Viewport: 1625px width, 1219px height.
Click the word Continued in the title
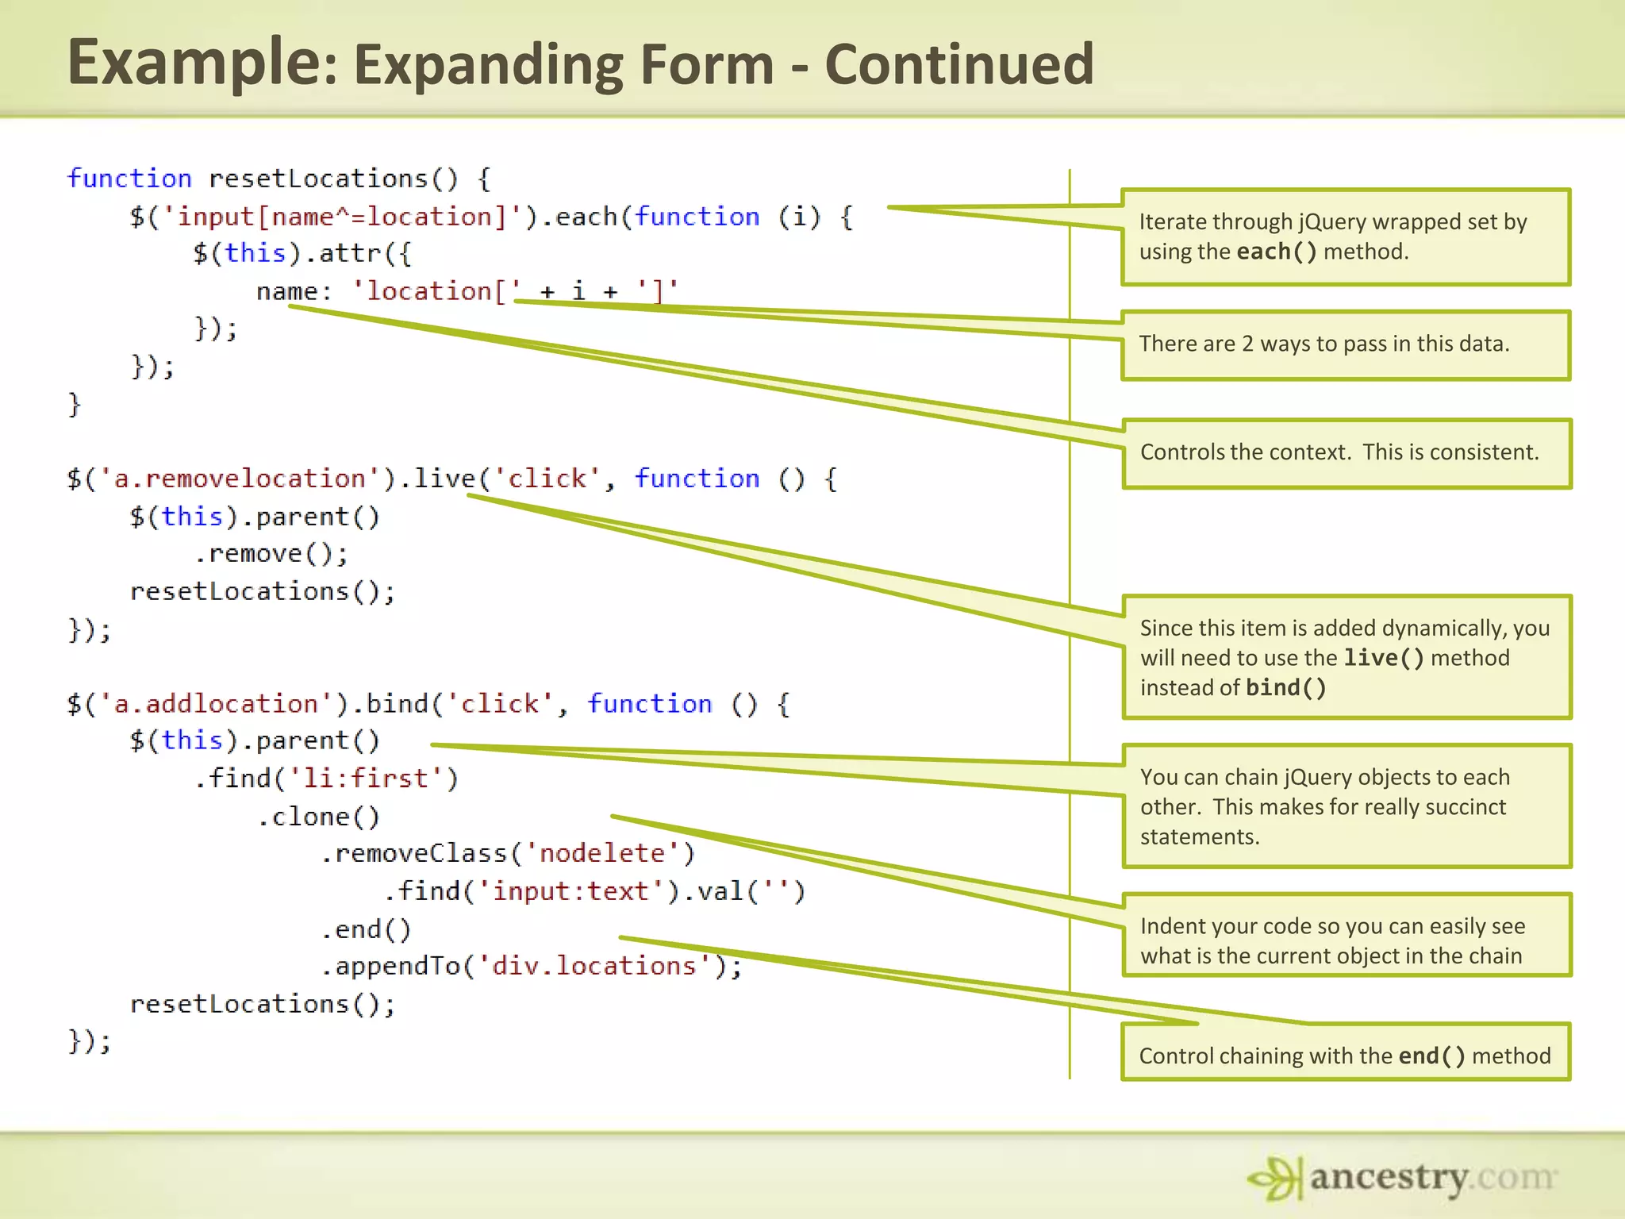959,65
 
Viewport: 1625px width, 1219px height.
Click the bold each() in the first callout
1276,252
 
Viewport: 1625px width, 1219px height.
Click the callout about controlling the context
1346,453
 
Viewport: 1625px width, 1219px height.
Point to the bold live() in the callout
1383,658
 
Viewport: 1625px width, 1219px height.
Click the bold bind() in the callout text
1285,688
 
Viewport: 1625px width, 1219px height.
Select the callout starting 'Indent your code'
1346,941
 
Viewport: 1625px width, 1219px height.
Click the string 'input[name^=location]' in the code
341,217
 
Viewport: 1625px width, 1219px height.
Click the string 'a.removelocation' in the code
240,479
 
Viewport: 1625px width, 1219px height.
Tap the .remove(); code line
271,553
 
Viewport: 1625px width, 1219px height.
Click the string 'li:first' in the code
365,779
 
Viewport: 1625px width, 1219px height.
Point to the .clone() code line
318,817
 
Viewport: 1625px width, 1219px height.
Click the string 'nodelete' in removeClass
601,853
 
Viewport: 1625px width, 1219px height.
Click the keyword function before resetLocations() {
129,179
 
